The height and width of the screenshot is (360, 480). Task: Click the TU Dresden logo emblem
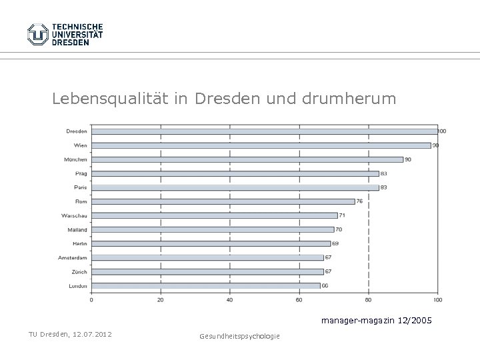[x=38, y=34]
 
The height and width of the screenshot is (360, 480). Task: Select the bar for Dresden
[x=264, y=131]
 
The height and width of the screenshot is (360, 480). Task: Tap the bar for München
[x=247, y=159]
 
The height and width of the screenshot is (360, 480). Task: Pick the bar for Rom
[x=223, y=201]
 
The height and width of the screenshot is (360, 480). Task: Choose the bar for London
[x=205, y=285]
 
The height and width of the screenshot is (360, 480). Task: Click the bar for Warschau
[x=214, y=215]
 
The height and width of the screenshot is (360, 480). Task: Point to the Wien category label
[x=80, y=145]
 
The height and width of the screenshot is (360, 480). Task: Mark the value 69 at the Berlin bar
[x=337, y=243]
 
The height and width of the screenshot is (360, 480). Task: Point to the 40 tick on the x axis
[x=229, y=300]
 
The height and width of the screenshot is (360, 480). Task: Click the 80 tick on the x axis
[x=368, y=300]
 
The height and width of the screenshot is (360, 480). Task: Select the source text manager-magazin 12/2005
[x=376, y=321]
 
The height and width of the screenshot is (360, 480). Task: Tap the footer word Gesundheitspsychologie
[x=239, y=335]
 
